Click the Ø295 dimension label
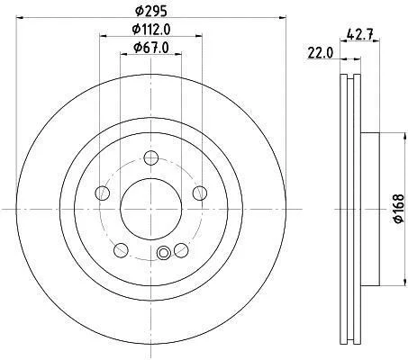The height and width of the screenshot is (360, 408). pos(150,11)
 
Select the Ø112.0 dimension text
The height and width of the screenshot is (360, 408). pos(151,30)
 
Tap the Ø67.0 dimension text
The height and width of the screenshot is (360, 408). pos(151,48)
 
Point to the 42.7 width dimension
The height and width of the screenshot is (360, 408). pos(359,34)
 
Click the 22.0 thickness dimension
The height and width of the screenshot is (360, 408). pos(320,53)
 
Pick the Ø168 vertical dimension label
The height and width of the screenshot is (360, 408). pos(399,209)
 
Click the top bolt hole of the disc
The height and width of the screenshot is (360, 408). pos(151,157)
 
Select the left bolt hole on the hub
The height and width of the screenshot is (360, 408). pos(102,193)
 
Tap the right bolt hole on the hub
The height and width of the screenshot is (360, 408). pos(200,193)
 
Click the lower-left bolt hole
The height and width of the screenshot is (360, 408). pos(121,250)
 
